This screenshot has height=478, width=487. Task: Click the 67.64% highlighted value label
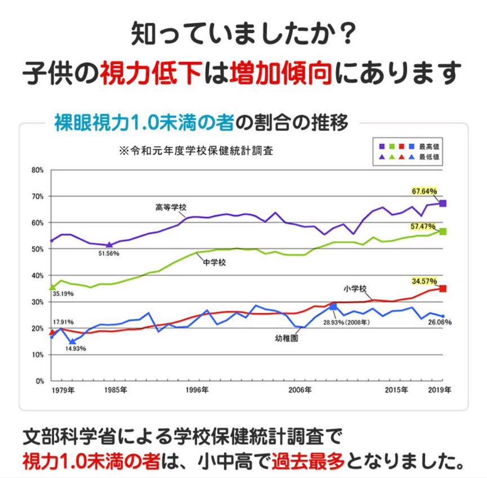[424, 191]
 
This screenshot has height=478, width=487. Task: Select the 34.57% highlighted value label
[424, 281]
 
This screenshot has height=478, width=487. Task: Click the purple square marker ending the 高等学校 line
[443, 204]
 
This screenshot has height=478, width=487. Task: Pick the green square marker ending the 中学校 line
[443, 231]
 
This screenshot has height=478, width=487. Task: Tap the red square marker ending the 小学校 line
[443, 288]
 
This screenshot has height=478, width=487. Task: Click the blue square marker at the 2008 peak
[333, 306]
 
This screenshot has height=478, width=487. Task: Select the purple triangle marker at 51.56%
[109, 245]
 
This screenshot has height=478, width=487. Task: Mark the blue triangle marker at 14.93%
[72, 342]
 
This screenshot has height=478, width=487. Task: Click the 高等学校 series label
[171, 207]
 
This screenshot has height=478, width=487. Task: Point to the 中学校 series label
[214, 263]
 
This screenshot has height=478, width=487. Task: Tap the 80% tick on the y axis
[37, 170]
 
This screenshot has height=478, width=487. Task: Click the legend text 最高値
[430, 146]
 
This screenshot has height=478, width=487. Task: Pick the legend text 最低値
[430, 157]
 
